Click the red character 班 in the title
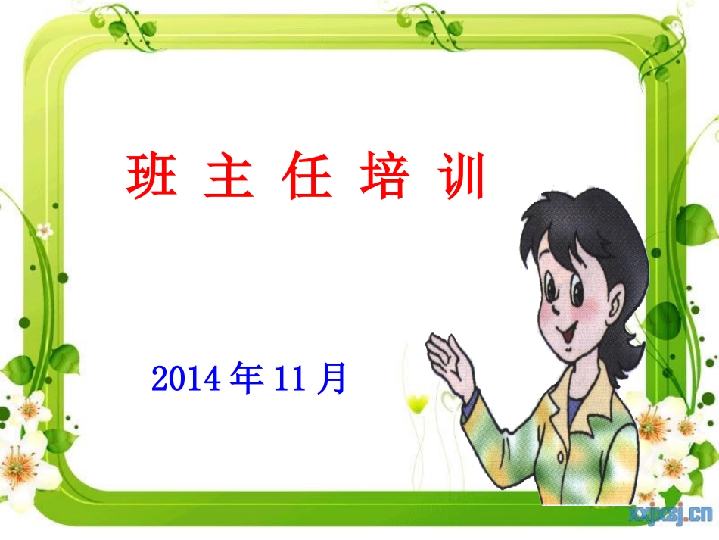pos(151,176)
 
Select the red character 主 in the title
pos(228,176)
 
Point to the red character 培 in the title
pos(384,176)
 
